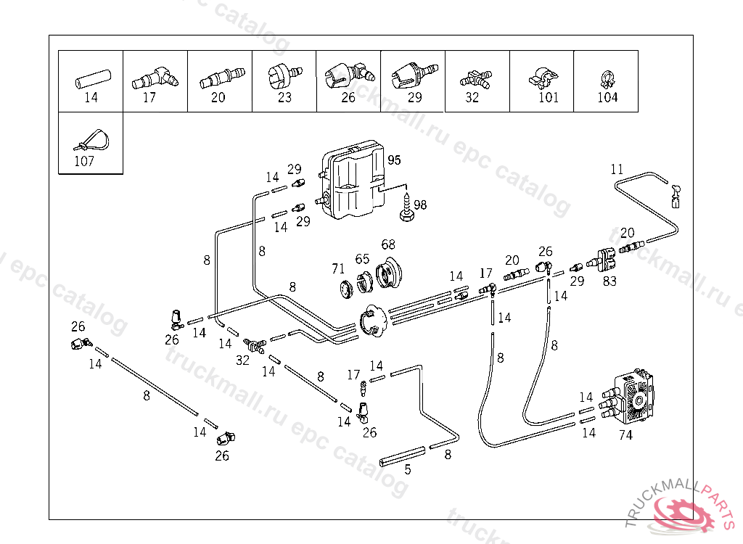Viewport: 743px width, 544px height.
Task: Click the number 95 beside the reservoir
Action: tap(394, 160)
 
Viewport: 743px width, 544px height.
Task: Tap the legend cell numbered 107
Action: tap(90, 143)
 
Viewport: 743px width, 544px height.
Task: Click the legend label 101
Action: tap(549, 98)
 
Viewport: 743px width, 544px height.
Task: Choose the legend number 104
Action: tap(607, 98)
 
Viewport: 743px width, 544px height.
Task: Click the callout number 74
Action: tap(625, 435)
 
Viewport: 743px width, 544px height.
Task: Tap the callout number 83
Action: tap(609, 281)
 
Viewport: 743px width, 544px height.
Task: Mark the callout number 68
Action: tap(388, 244)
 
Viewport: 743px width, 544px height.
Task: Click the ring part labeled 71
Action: tap(346, 288)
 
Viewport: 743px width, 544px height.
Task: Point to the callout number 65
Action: tap(362, 259)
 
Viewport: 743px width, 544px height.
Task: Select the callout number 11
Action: tap(617, 170)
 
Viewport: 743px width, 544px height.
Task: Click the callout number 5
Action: tap(408, 469)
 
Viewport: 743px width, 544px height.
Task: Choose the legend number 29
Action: tap(414, 98)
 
